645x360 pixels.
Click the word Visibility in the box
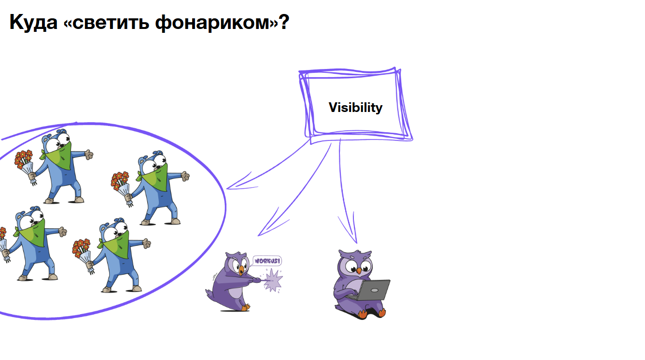coord(355,107)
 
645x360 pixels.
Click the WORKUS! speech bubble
coord(267,261)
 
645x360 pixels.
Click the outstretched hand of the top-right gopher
coord(185,177)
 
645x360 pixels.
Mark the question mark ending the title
coord(283,23)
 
